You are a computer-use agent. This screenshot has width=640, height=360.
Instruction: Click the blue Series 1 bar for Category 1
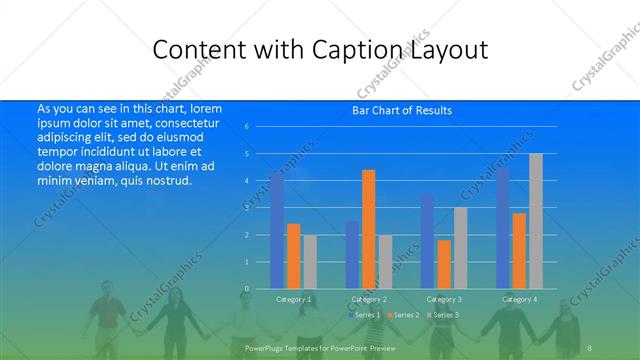(277, 230)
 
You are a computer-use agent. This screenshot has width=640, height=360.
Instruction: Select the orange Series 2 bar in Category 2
(369, 229)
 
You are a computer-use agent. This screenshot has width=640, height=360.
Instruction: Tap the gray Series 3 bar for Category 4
(536, 221)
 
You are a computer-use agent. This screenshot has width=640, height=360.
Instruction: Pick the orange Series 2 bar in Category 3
(444, 264)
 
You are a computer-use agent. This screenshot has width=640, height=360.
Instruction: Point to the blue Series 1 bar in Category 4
(502, 228)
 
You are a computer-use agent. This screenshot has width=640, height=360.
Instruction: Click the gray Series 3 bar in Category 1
(310, 262)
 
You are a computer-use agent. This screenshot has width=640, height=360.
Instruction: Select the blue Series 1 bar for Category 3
(427, 241)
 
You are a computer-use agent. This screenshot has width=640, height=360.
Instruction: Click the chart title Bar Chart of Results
(402, 110)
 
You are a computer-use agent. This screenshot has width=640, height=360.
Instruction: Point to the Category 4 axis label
(518, 299)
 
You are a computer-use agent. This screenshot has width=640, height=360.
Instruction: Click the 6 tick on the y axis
(246, 127)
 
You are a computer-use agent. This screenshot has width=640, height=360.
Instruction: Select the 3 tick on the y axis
(246, 208)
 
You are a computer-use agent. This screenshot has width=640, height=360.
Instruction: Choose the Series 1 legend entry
(363, 315)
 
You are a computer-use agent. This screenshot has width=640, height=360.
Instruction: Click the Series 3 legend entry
(443, 315)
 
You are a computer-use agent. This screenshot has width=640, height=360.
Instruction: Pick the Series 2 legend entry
(403, 315)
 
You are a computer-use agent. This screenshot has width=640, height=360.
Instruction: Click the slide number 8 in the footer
(590, 346)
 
